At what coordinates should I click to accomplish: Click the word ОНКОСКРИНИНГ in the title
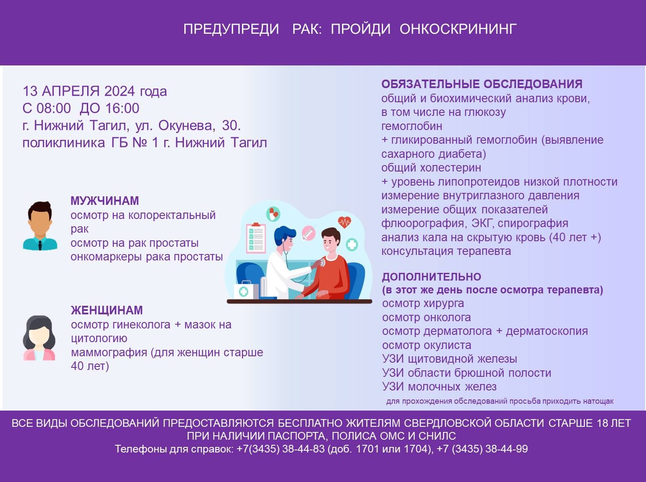coord(458,29)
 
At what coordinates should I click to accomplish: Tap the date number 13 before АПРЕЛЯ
coord(30,91)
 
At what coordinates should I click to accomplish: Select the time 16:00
coord(122,108)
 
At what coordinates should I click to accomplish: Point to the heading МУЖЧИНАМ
coord(104,201)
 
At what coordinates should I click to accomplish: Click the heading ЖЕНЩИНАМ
coord(107,310)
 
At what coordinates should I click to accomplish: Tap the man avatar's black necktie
coord(40,245)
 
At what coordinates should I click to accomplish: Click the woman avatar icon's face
coord(39,336)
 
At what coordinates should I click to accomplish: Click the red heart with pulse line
coord(345,222)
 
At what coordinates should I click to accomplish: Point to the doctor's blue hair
coord(284,234)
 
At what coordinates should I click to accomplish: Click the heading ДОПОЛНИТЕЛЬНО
coord(431,277)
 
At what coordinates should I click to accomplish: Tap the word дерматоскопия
coord(547,331)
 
